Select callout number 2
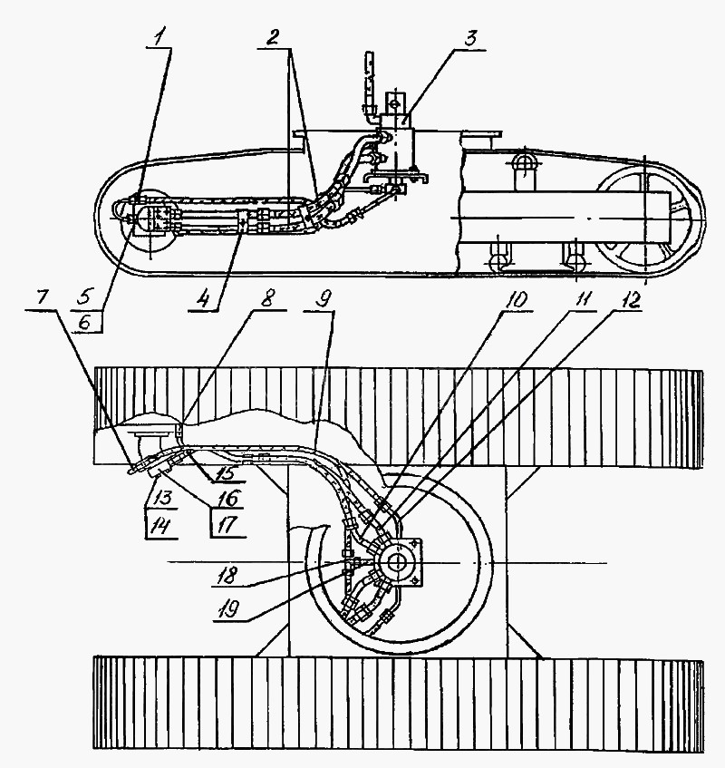point(273,37)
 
